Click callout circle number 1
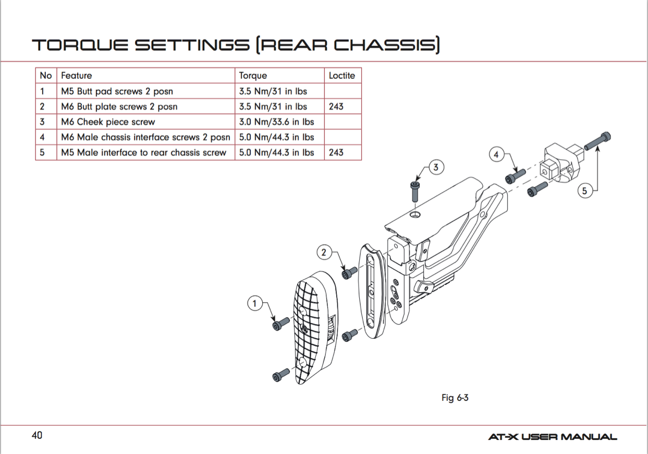point(254,303)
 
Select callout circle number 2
point(325,252)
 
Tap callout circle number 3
point(436,168)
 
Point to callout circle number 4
point(497,155)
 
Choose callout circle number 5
point(584,191)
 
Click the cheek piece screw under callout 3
point(415,192)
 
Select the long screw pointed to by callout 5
point(597,141)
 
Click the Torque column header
point(253,76)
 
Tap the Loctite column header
point(341,76)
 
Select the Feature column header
point(76,76)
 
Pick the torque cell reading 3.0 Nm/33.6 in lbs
point(276,122)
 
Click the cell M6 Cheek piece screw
point(108,122)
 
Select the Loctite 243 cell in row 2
point(336,106)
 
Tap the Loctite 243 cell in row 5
point(336,153)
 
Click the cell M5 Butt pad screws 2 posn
point(117,91)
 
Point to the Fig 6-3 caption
point(455,398)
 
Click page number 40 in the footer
point(36,435)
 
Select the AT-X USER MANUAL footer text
point(552,437)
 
